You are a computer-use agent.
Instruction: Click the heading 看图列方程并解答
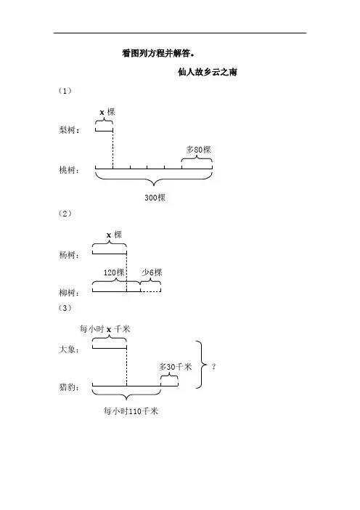point(158,53)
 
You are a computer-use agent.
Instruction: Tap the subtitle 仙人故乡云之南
point(208,72)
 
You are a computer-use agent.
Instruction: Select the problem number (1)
point(65,91)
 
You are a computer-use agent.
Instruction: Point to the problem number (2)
point(65,214)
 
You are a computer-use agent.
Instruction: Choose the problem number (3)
point(65,308)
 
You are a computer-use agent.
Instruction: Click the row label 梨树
point(69,130)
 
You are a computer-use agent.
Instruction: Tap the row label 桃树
point(69,170)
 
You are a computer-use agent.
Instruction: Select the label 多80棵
point(199,150)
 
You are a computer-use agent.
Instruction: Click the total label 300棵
point(155,198)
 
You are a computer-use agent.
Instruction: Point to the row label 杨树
point(69,255)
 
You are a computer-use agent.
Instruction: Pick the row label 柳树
point(69,292)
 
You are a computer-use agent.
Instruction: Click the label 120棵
point(114,272)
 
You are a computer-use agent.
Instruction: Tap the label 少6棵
point(152,272)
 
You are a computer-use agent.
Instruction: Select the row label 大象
point(69,349)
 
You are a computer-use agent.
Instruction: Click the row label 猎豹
point(69,387)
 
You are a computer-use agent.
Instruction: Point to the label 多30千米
point(176,367)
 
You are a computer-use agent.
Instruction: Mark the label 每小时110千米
point(131,411)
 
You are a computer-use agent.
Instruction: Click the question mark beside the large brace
point(213,367)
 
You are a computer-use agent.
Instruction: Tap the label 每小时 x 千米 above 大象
point(105,329)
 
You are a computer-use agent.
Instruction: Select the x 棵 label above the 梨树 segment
point(107,112)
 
